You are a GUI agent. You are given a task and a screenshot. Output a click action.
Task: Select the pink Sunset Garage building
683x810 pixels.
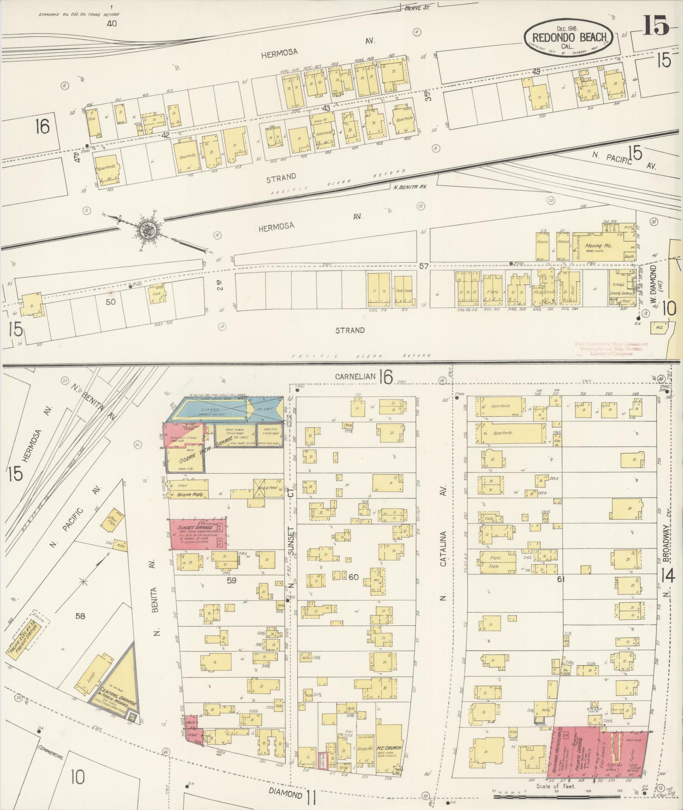pos(198,534)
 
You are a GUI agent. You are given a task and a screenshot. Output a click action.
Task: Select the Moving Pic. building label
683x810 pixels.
pos(597,246)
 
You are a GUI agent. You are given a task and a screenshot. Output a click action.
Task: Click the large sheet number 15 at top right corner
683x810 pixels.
pos(656,25)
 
